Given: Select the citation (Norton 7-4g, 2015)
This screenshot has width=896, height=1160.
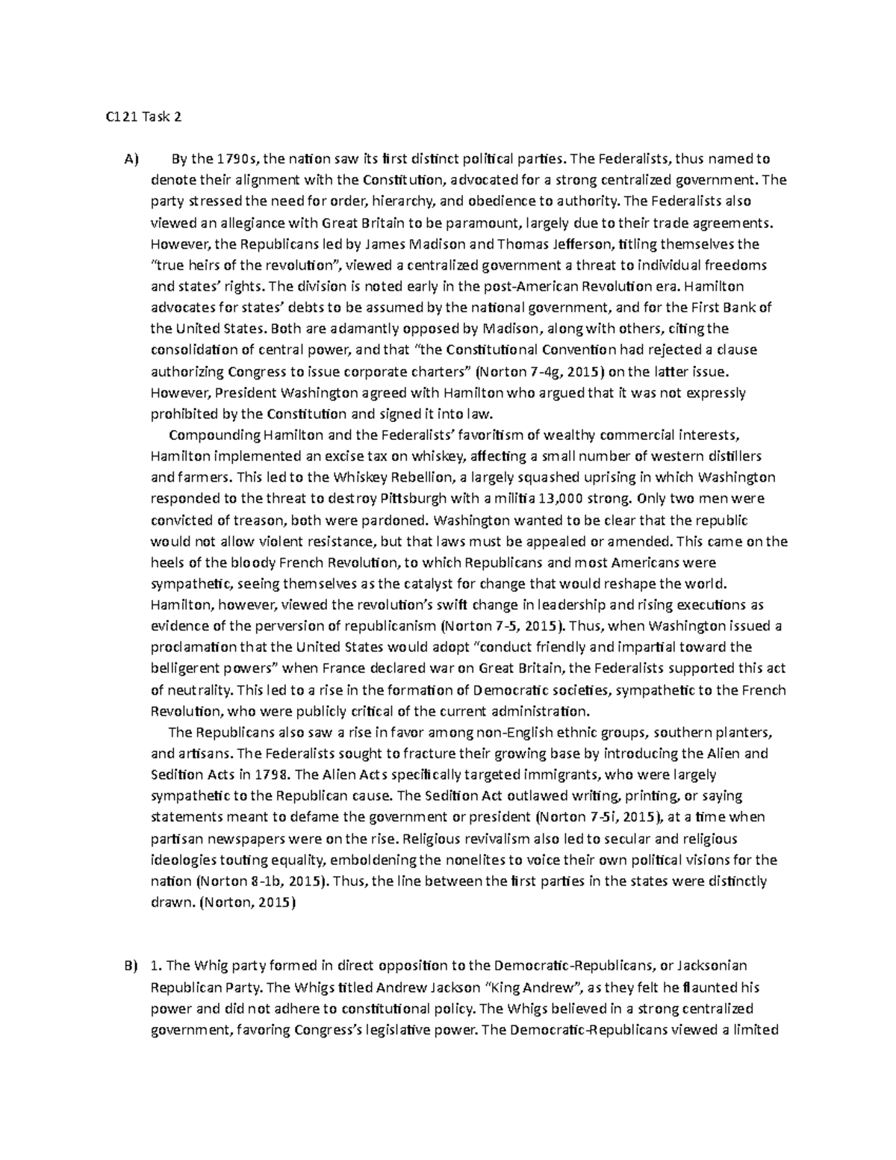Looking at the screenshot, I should (535, 372).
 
